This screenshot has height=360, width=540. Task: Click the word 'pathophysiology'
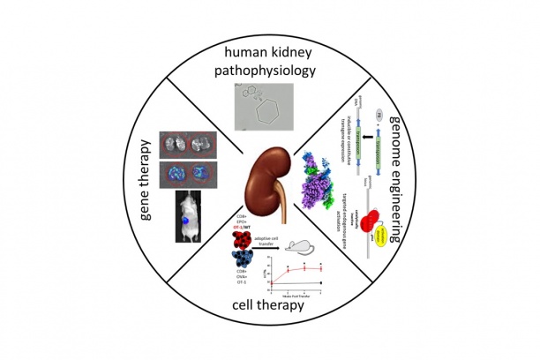[x=270, y=74]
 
